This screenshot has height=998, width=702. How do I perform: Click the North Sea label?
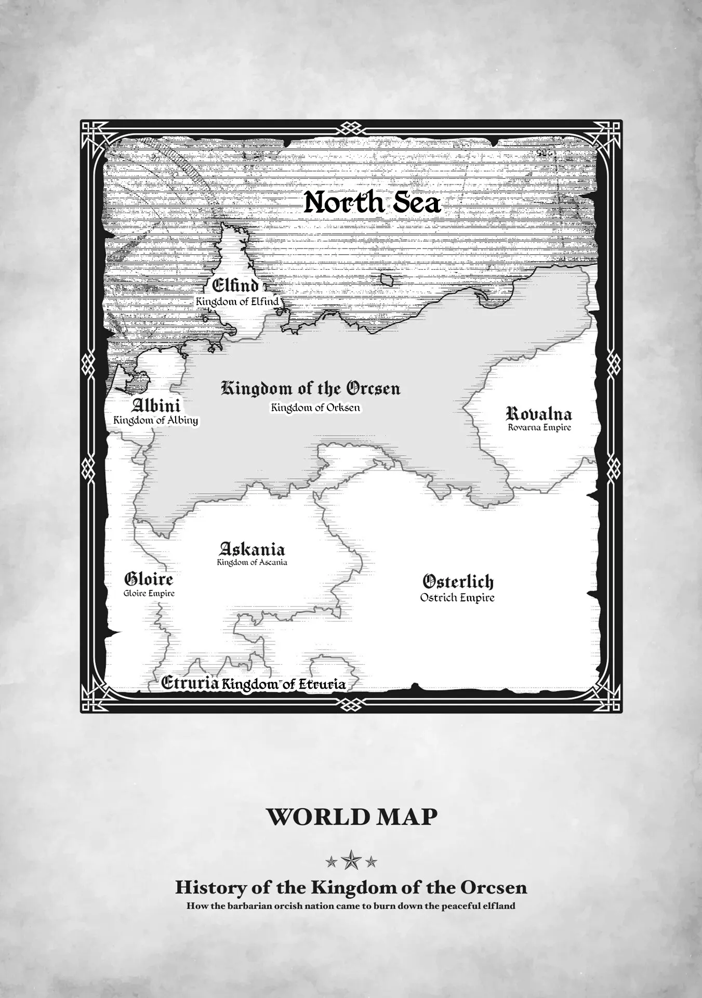pos(372,203)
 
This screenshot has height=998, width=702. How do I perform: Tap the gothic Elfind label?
pos(235,285)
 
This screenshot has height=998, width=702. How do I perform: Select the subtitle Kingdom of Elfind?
pos(237,301)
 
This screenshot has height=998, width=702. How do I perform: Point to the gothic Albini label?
pos(156,405)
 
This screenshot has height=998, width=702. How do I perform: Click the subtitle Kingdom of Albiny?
pos(156,420)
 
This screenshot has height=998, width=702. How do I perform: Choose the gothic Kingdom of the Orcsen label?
pos(311,389)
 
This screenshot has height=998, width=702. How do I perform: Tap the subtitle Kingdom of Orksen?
pos(315,408)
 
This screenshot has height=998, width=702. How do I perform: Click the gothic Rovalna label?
pos(539,414)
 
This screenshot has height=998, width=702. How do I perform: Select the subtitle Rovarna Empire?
pos(539,427)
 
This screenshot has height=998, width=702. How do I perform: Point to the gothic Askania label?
pos(252,549)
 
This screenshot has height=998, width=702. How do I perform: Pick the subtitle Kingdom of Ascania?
pos(252,562)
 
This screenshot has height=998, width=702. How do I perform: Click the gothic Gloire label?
pos(149,579)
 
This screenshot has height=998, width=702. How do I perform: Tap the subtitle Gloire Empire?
pos(149,593)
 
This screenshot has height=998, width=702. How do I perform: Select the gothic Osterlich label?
pos(458,582)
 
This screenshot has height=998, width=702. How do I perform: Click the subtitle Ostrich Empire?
pos(457,598)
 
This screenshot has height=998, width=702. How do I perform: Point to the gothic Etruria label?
pos(189,683)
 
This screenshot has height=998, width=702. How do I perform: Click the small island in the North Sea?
pos(387,280)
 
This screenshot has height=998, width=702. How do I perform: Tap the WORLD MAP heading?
pos(351,817)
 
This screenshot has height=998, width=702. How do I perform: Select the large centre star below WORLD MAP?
pos(351,860)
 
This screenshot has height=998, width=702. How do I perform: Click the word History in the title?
pos(204,887)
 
